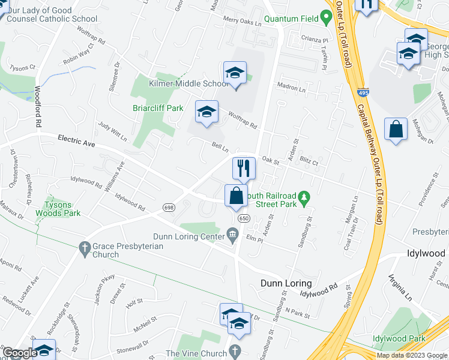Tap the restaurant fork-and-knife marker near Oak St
[x=244, y=167]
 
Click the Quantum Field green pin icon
[x=326, y=19]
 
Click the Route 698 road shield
[x=169, y=208]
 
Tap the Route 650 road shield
[x=243, y=218]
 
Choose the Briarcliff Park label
[x=157, y=109]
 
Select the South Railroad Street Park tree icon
[x=305, y=196]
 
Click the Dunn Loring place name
[x=286, y=283]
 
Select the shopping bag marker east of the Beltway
[x=396, y=129]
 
